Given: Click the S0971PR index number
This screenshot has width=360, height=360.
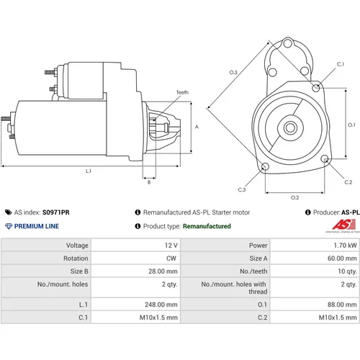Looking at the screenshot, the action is pyautogui.click(x=55, y=212).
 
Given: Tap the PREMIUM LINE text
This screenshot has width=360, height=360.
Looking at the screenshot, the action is pyautogui.click(x=37, y=226).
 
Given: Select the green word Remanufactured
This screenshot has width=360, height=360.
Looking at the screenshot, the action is pyautogui.click(x=207, y=226).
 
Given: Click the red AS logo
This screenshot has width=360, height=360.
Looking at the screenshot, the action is pyautogui.click(x=344, y=225).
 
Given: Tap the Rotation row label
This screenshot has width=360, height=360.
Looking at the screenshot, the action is pyautogui.click(x=76, y=258).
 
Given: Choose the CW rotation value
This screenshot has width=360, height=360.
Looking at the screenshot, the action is pyautogui.click(x=171, y=258).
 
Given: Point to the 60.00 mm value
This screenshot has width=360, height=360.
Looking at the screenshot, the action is pyautogui.click(x=342, y=258).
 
